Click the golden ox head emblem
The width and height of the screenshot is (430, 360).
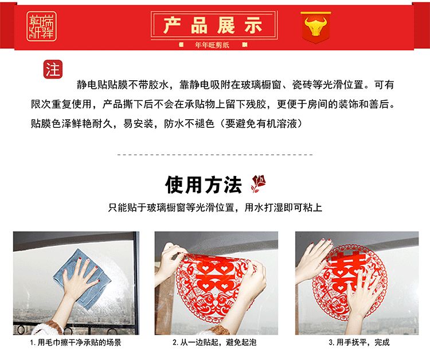pos(316,26)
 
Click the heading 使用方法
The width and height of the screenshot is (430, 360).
pos(203,185)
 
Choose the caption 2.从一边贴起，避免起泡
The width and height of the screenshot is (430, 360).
pos(214,342)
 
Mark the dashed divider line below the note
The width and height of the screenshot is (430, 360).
pos(215,154)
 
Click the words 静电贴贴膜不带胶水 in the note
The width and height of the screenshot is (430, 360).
pos(122,85)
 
